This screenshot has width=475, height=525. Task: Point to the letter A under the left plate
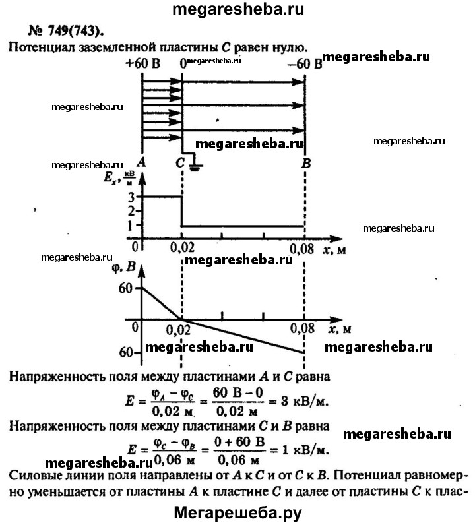(141, 162)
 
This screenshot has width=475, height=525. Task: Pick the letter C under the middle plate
(179, 162)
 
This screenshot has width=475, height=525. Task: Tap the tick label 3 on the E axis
(132, 197)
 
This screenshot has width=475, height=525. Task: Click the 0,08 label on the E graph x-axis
(303, 248)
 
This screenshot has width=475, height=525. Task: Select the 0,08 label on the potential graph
(303, 327)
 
